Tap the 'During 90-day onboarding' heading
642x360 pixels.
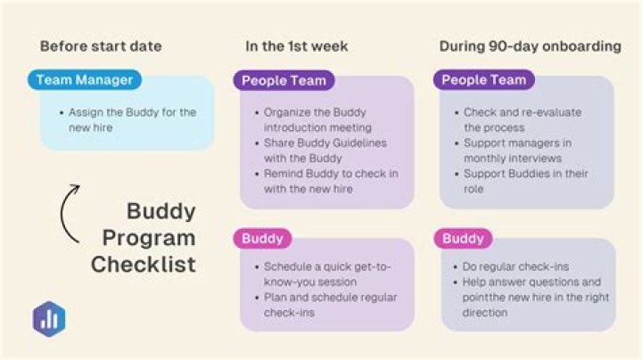pos(530,46)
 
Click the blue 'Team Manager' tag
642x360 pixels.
pos(85,80)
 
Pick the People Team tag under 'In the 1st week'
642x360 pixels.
pos(284,80)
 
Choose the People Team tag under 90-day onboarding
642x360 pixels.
pos(484,80)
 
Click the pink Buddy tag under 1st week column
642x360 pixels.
pos(263,239)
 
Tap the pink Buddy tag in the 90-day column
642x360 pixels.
pos(463,239)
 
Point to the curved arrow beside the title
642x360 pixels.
pos(67,213)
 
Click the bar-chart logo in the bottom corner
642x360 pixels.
pos(49,318)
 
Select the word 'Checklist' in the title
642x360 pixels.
pos(144,265)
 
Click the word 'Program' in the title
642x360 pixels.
pos(148,238)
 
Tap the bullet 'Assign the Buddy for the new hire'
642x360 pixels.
pos(132,119)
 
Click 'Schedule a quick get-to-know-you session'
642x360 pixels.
pos(327,274)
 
